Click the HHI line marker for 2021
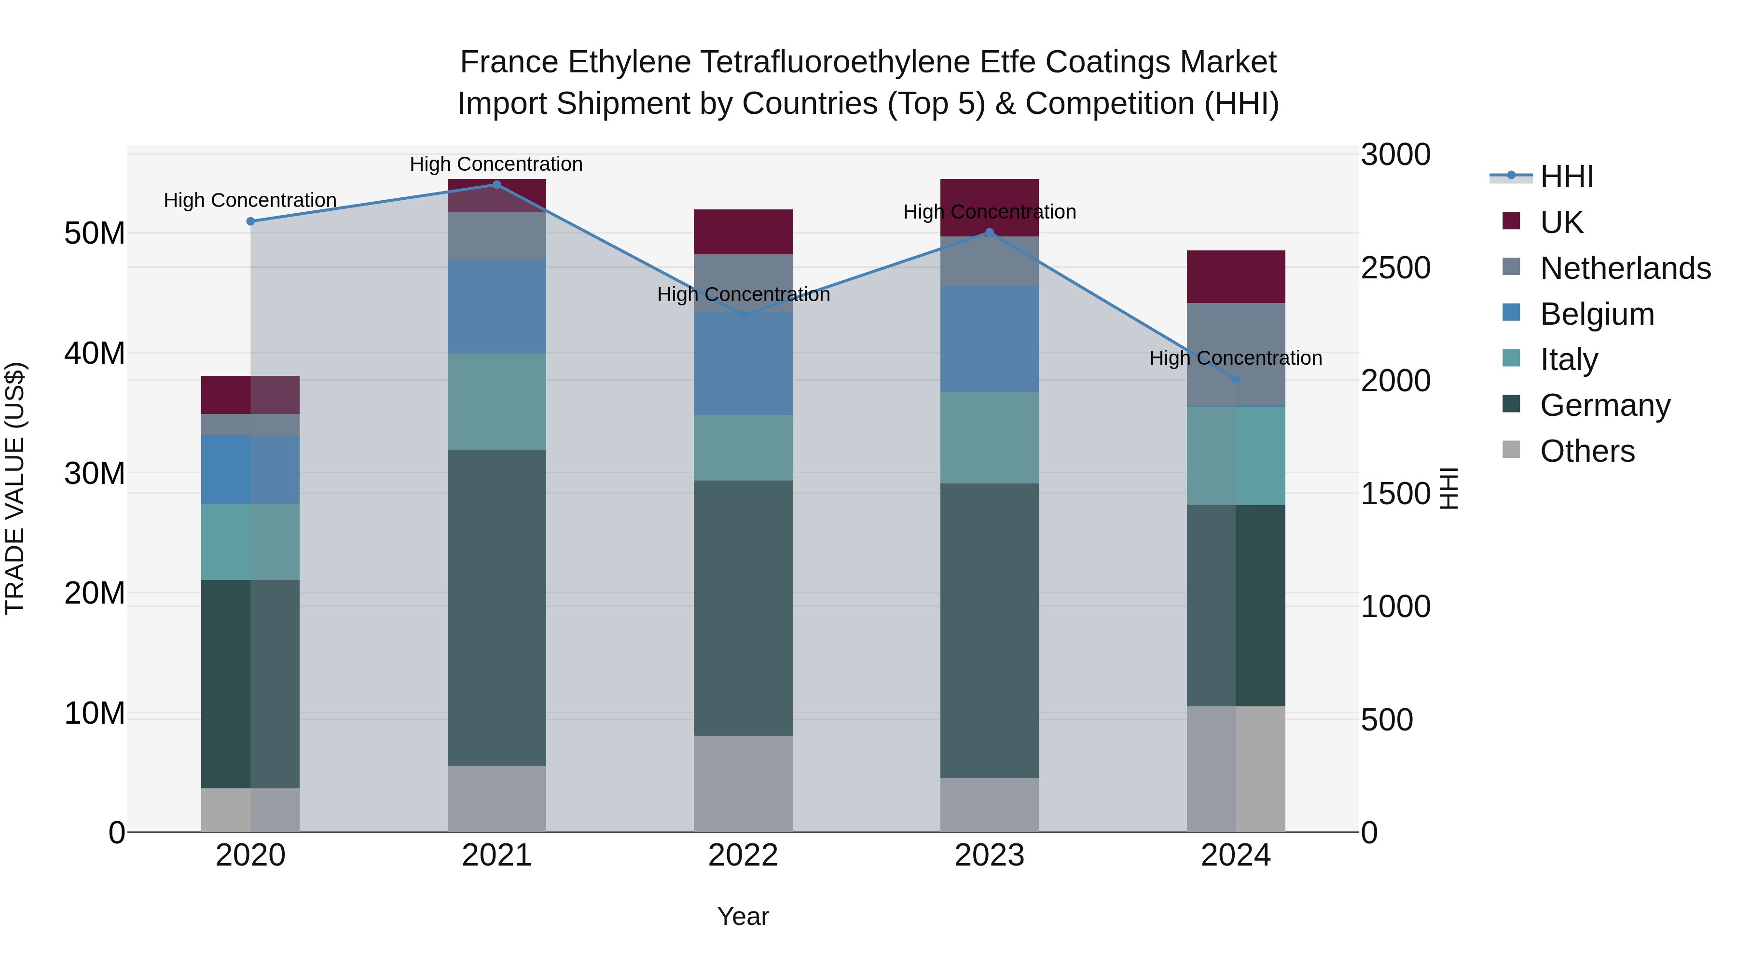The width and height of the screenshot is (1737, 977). pos(496,185)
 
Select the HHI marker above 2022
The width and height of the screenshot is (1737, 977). pos(743,315)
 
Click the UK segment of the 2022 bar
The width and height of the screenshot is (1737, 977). pos(743,232)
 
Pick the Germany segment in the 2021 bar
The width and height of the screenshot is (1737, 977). pos(496,607)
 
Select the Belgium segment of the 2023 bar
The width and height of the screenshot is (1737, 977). pos(989,339)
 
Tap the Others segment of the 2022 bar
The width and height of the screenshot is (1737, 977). pos(743,784)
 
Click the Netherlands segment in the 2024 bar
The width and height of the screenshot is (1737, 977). pos(1235,354)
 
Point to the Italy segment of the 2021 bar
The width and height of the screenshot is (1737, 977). pos(496,401)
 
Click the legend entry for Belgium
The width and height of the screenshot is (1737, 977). pos(1597,314)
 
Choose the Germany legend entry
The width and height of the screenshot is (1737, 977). pos(1605,405)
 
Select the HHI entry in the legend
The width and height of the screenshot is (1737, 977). pos(1566,177)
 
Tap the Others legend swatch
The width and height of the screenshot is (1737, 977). pos(1511,450)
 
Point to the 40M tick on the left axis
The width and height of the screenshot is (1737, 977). pos(95,353)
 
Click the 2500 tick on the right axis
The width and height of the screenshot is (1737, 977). pos(1395,268)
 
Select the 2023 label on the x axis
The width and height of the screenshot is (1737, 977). pos(989,855)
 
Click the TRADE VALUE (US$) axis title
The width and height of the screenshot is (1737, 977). pos(15,488)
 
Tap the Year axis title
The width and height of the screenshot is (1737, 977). pos(743,916)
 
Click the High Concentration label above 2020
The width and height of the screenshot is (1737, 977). pos(250,200)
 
